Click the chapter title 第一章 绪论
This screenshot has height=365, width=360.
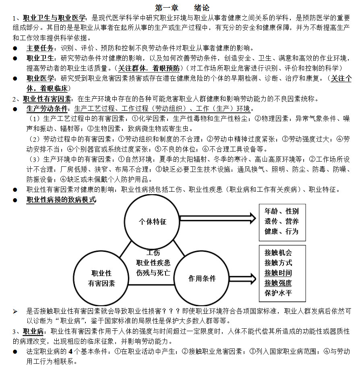click(182, 8)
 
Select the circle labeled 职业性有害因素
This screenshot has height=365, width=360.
click(101, 278)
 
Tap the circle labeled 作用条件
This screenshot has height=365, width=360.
click(202, 278)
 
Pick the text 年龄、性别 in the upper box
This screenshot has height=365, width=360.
click(281, 211)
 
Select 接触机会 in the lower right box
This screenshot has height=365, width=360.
click(278, 253)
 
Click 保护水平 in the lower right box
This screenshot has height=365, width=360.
click(278, 293)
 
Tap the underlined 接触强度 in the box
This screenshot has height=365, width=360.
click(278, 283)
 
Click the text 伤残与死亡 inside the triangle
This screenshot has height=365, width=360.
click(153, 272)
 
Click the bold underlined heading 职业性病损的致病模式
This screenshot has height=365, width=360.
click(61, 199)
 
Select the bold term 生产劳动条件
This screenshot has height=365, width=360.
click(47, 109)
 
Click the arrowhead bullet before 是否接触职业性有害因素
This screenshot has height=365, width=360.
click(15, 311)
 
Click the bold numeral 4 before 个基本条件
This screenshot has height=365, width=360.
click(70, 351)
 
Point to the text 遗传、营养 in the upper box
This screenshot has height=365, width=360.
click(281, 221)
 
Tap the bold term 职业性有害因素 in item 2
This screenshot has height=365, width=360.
click(47, 99)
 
